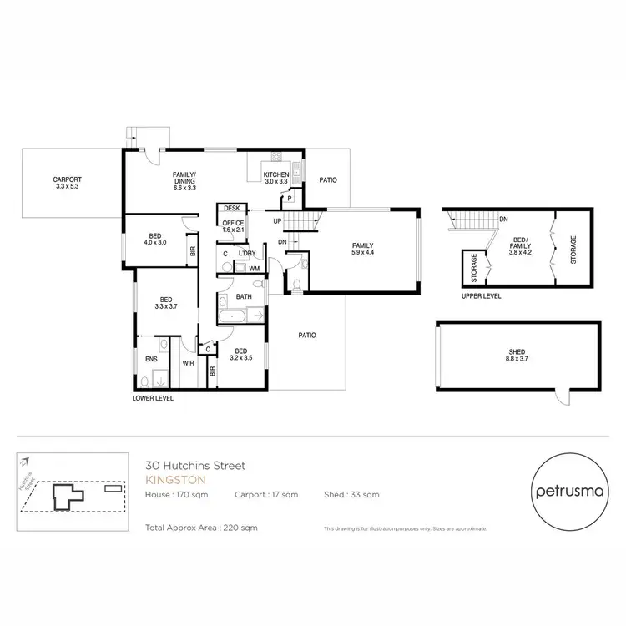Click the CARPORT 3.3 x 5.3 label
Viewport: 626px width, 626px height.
[x=68, y=183]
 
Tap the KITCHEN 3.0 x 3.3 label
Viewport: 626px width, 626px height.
[x=275, y=178]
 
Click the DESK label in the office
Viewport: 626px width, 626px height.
[x=231, y=209]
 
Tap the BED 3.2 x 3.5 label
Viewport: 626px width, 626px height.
[x=241, y=355]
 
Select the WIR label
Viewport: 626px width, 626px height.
[x=189, y=363]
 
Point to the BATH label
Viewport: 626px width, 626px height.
[x=244, y=296]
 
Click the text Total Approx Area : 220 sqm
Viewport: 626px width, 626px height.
[x=201, y=528]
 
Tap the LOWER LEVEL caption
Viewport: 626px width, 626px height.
[x=153, y=399]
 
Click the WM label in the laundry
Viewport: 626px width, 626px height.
[x=254, y=268]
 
